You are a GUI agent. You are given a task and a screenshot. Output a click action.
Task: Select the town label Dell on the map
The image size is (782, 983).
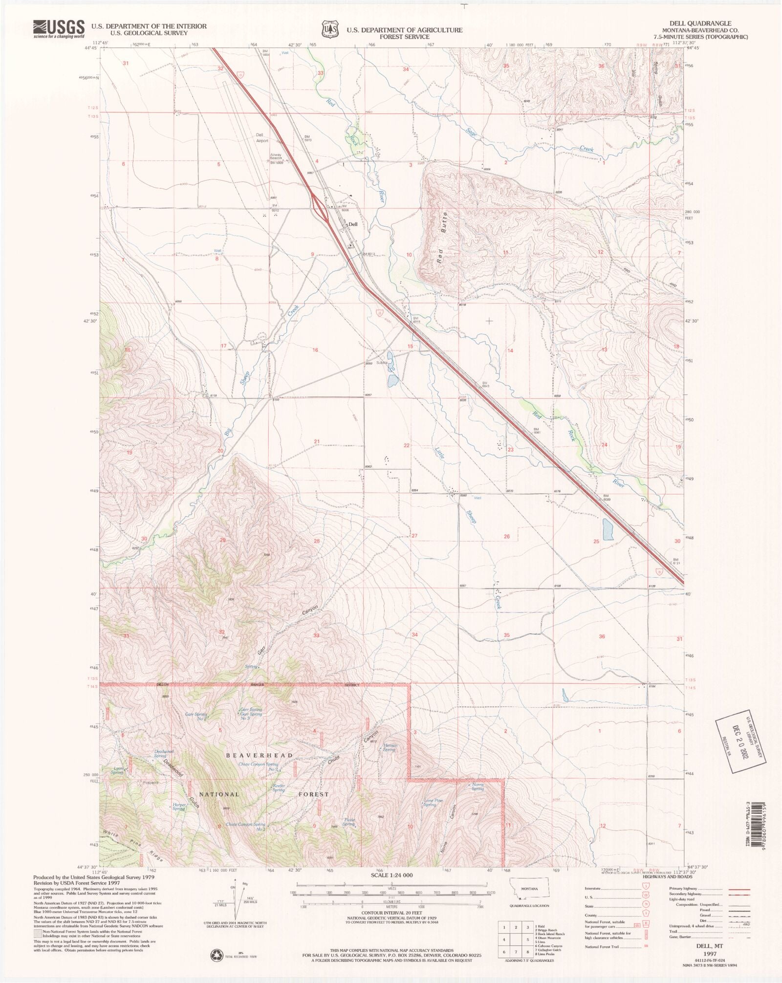353,225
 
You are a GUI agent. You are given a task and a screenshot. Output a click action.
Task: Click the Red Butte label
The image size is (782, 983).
442,238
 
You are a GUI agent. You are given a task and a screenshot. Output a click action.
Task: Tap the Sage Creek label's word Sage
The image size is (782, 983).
471,132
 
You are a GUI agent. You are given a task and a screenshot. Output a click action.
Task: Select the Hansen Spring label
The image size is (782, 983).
389,747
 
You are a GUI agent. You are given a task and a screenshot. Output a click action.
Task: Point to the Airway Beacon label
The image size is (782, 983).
276,157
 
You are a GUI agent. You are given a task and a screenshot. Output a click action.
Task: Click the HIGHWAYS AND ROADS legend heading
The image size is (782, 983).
667,877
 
